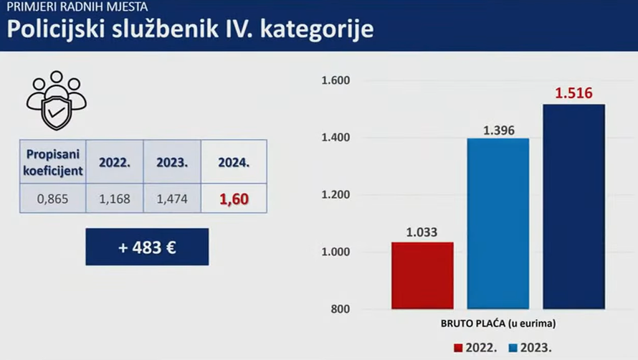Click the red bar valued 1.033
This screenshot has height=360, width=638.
422,275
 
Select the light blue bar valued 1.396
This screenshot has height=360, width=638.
498,224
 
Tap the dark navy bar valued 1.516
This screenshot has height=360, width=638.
573,207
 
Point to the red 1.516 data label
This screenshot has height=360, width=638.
573,93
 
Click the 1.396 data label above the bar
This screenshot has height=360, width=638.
499,131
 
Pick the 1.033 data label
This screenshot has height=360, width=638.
422,232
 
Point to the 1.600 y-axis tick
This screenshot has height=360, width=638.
335,80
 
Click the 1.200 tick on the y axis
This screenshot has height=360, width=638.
335,194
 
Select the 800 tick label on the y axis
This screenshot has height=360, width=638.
341,308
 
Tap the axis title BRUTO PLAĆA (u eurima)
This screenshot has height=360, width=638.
498,323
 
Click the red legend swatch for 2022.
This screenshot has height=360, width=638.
458,348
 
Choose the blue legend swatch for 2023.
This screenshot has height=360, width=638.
513,348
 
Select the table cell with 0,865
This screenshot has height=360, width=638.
53,199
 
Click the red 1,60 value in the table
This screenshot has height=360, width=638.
234,199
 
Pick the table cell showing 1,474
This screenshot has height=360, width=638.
172,199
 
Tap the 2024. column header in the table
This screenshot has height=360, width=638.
234,162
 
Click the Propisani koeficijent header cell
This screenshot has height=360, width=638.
53,162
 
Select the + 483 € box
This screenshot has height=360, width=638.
147,247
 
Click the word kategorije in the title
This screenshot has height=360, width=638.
317,29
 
